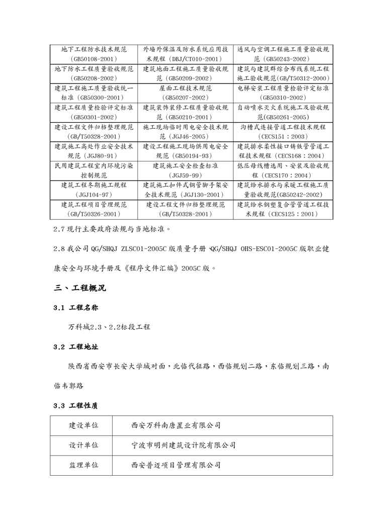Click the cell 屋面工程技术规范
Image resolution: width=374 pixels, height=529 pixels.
[186, 88]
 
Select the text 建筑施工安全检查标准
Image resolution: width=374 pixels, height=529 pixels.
[186, 165]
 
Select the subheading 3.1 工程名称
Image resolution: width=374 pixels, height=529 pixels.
[76, 308]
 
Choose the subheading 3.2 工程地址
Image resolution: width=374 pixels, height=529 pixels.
[76, 347]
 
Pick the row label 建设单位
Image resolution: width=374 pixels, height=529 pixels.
[83, 425]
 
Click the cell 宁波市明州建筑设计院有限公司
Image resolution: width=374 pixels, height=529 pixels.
[183, 445]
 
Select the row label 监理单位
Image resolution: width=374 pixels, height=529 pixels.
[83, 465]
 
